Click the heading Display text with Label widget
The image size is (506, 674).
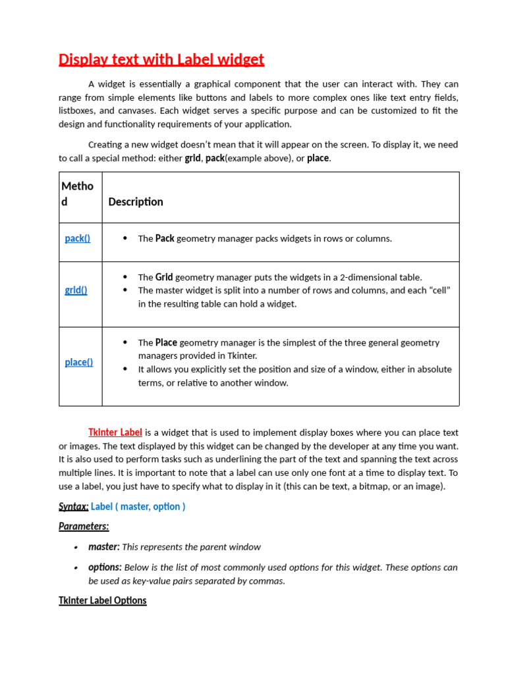click(x=161, y=60)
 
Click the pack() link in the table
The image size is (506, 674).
click(x=78, y=238)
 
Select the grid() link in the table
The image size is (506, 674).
click(x=76, y=290)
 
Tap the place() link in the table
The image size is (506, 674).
click(x=79, y=362)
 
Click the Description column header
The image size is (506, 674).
click(x=136, y=202)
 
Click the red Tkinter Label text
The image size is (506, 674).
click(x=115, y=432)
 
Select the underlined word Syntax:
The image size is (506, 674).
click(x=73, y=506)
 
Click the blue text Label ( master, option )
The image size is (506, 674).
click(x=138, y=506)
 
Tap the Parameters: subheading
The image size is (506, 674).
click(x=84, y=526)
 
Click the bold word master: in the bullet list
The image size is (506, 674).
click(x=104, y=547)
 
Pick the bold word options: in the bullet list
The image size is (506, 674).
click(x=105, y=567)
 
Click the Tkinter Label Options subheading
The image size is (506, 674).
click(x=103, y=600)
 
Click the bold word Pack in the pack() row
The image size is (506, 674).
click(x=165, y=238)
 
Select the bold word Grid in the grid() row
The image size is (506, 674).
click(x=164, y=277)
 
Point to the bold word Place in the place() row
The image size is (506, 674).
click(x=166, y=342)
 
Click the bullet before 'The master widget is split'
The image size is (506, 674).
click(x=125, y=290)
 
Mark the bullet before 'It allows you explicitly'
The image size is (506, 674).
click(x=125, y=369)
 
